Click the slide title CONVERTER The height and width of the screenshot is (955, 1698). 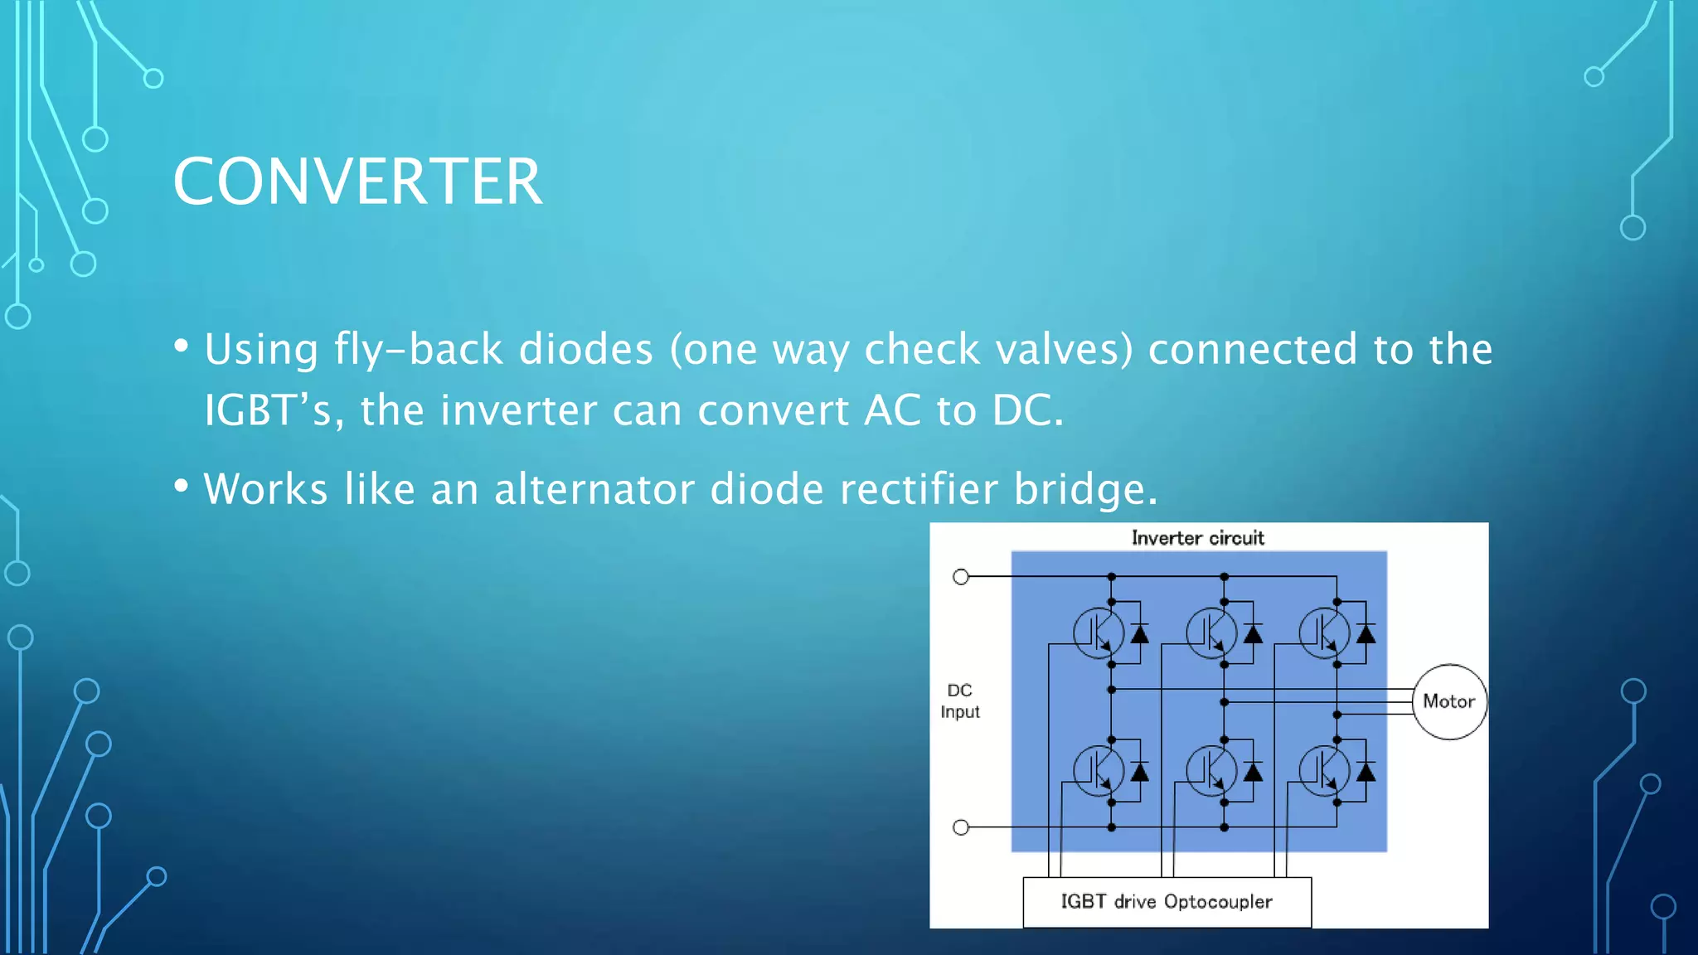click(357, 182)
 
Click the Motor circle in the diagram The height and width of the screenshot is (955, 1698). click(1448, 701)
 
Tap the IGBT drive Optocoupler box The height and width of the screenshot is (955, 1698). click(1167, 902)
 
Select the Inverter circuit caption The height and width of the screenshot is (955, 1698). click(1197, 538)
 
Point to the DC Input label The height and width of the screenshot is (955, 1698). click(959, 701)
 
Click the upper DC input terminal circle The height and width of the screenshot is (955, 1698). click(961, 576)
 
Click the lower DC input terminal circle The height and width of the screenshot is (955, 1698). click(961, 827)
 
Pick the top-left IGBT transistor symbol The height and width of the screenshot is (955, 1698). click(1098, 633)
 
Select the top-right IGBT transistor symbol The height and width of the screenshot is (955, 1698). click(1324, 633)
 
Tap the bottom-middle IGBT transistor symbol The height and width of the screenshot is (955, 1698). click(1211, 771)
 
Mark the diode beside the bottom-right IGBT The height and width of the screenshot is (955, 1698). click(1366, 773)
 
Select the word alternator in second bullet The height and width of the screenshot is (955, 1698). click(594, 489)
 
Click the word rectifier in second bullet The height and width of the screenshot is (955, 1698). click(919, 489)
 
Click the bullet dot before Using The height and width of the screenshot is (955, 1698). click(182, 346)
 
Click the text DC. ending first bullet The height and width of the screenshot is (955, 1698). click(1027, 410)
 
